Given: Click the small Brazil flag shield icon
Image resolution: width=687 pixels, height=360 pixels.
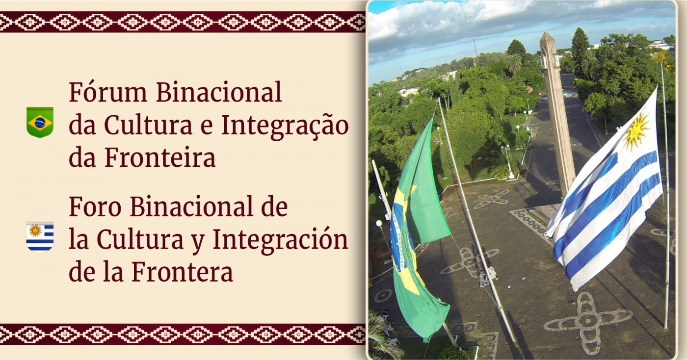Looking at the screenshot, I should coord(40,122).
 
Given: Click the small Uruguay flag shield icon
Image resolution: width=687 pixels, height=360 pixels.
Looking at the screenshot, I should coord(40,236).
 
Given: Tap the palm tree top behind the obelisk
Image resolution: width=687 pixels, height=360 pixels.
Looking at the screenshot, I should coord(513,61).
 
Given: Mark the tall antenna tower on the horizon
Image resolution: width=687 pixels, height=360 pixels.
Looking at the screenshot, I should coord(475,51).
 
